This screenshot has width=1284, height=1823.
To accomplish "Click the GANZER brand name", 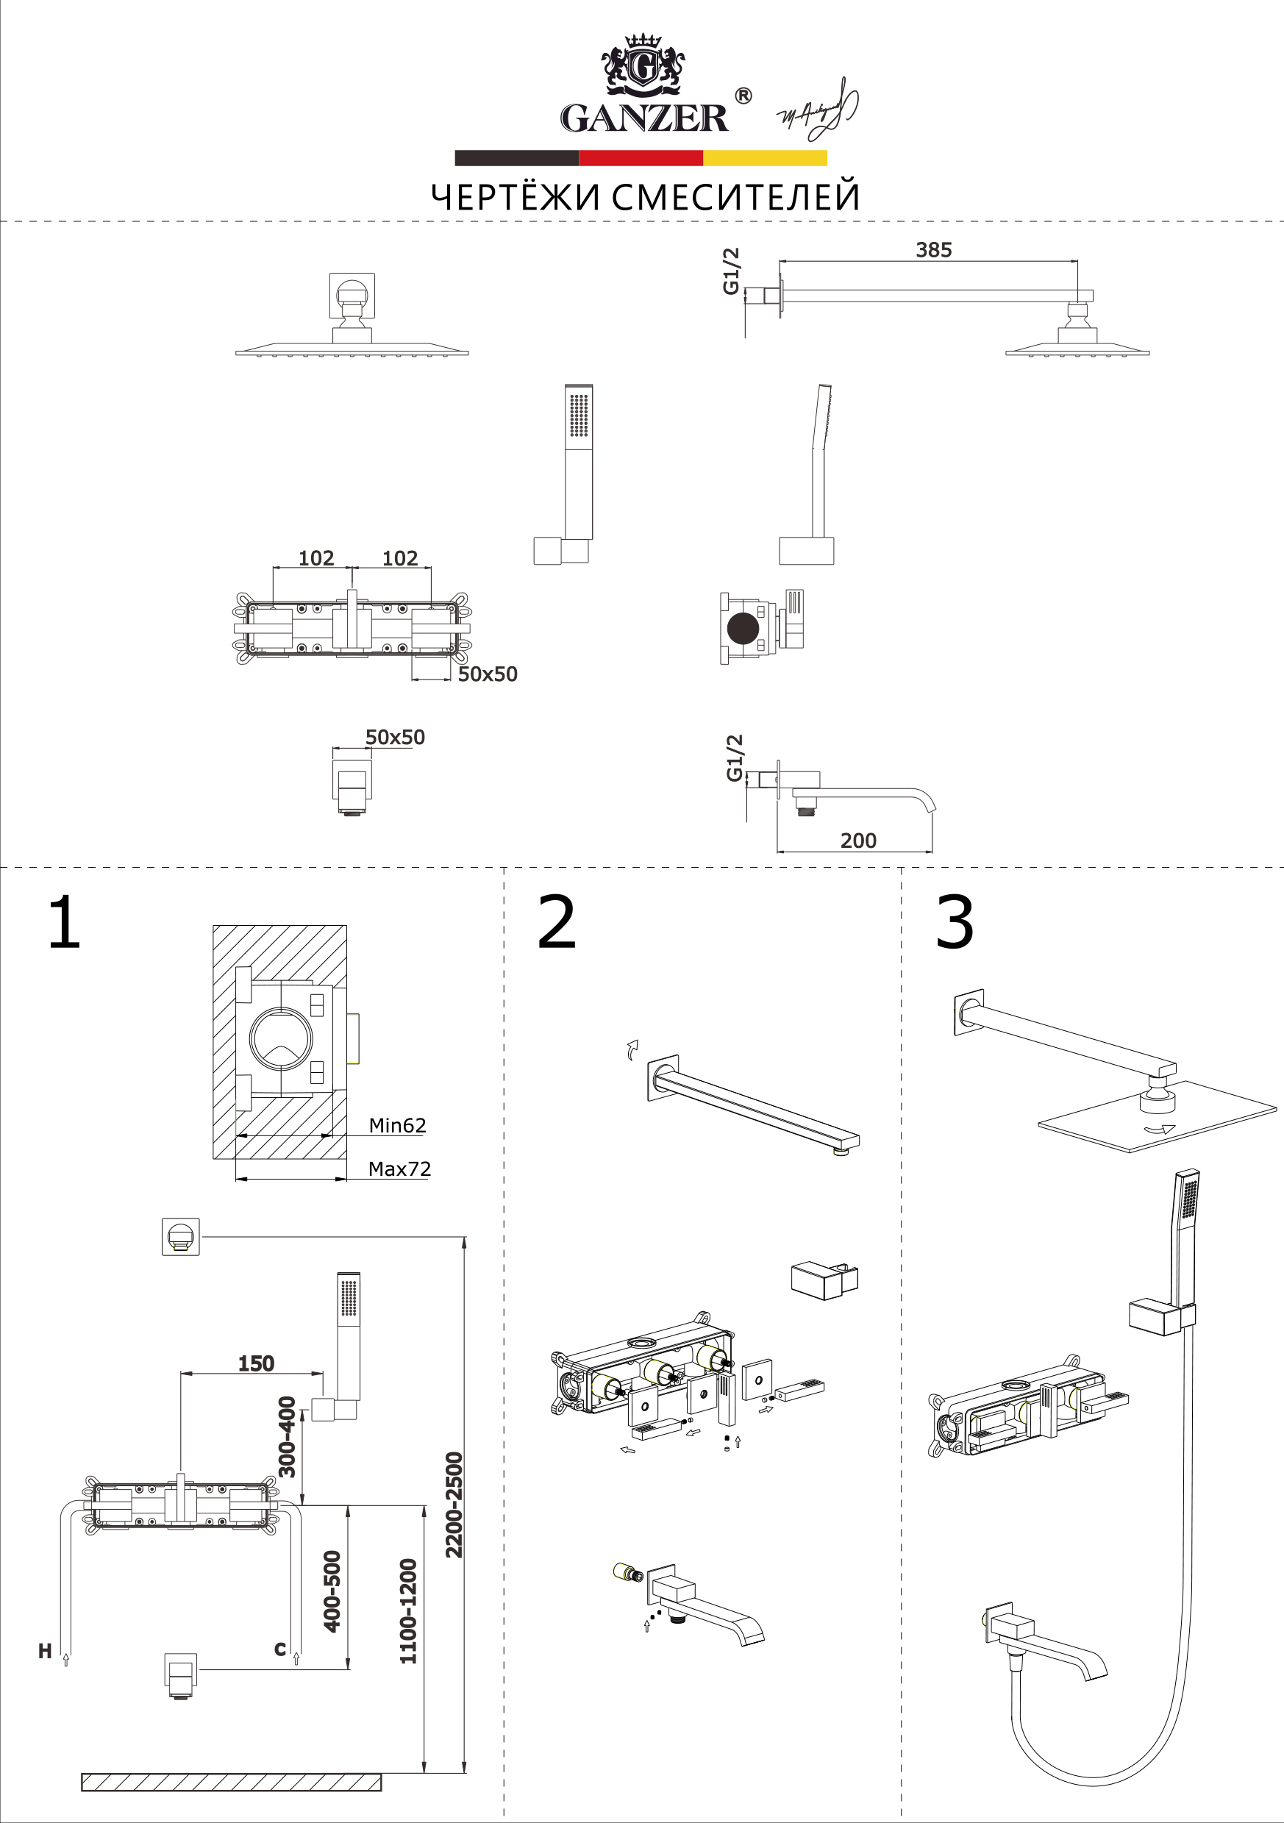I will [x=643, y=118].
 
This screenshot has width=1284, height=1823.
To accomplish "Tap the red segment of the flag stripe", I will [x=641, y=158].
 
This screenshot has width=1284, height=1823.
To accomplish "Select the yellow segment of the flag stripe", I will [x=765, y=158].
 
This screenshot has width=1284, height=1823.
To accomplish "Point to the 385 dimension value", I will [x=933, y=250].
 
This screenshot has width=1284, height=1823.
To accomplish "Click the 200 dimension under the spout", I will [x=857, y=840].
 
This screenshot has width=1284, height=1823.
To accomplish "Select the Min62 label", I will [x=397, y=1125].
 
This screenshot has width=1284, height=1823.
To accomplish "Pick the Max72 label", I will [x=399, y=1169].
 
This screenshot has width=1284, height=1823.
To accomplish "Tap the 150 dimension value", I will [x=256, y=1363].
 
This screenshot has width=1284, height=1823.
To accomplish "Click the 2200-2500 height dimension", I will [x=454, y=1505].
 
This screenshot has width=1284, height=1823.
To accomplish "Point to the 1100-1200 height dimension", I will [x=407, y=1611].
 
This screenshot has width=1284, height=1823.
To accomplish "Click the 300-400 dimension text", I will [x=287, y=1436].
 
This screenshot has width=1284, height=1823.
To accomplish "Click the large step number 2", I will [x=556, y=922].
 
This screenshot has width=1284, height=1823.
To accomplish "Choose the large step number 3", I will [x=954, y=922].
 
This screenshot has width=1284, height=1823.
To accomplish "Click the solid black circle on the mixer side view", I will [x=743, y=627].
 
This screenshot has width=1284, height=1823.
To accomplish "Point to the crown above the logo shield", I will [x=643, y=41].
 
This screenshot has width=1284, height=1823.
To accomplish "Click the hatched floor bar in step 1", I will [x=231, y=1782].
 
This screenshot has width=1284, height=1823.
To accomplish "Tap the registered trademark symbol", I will [x=743, y=96].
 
